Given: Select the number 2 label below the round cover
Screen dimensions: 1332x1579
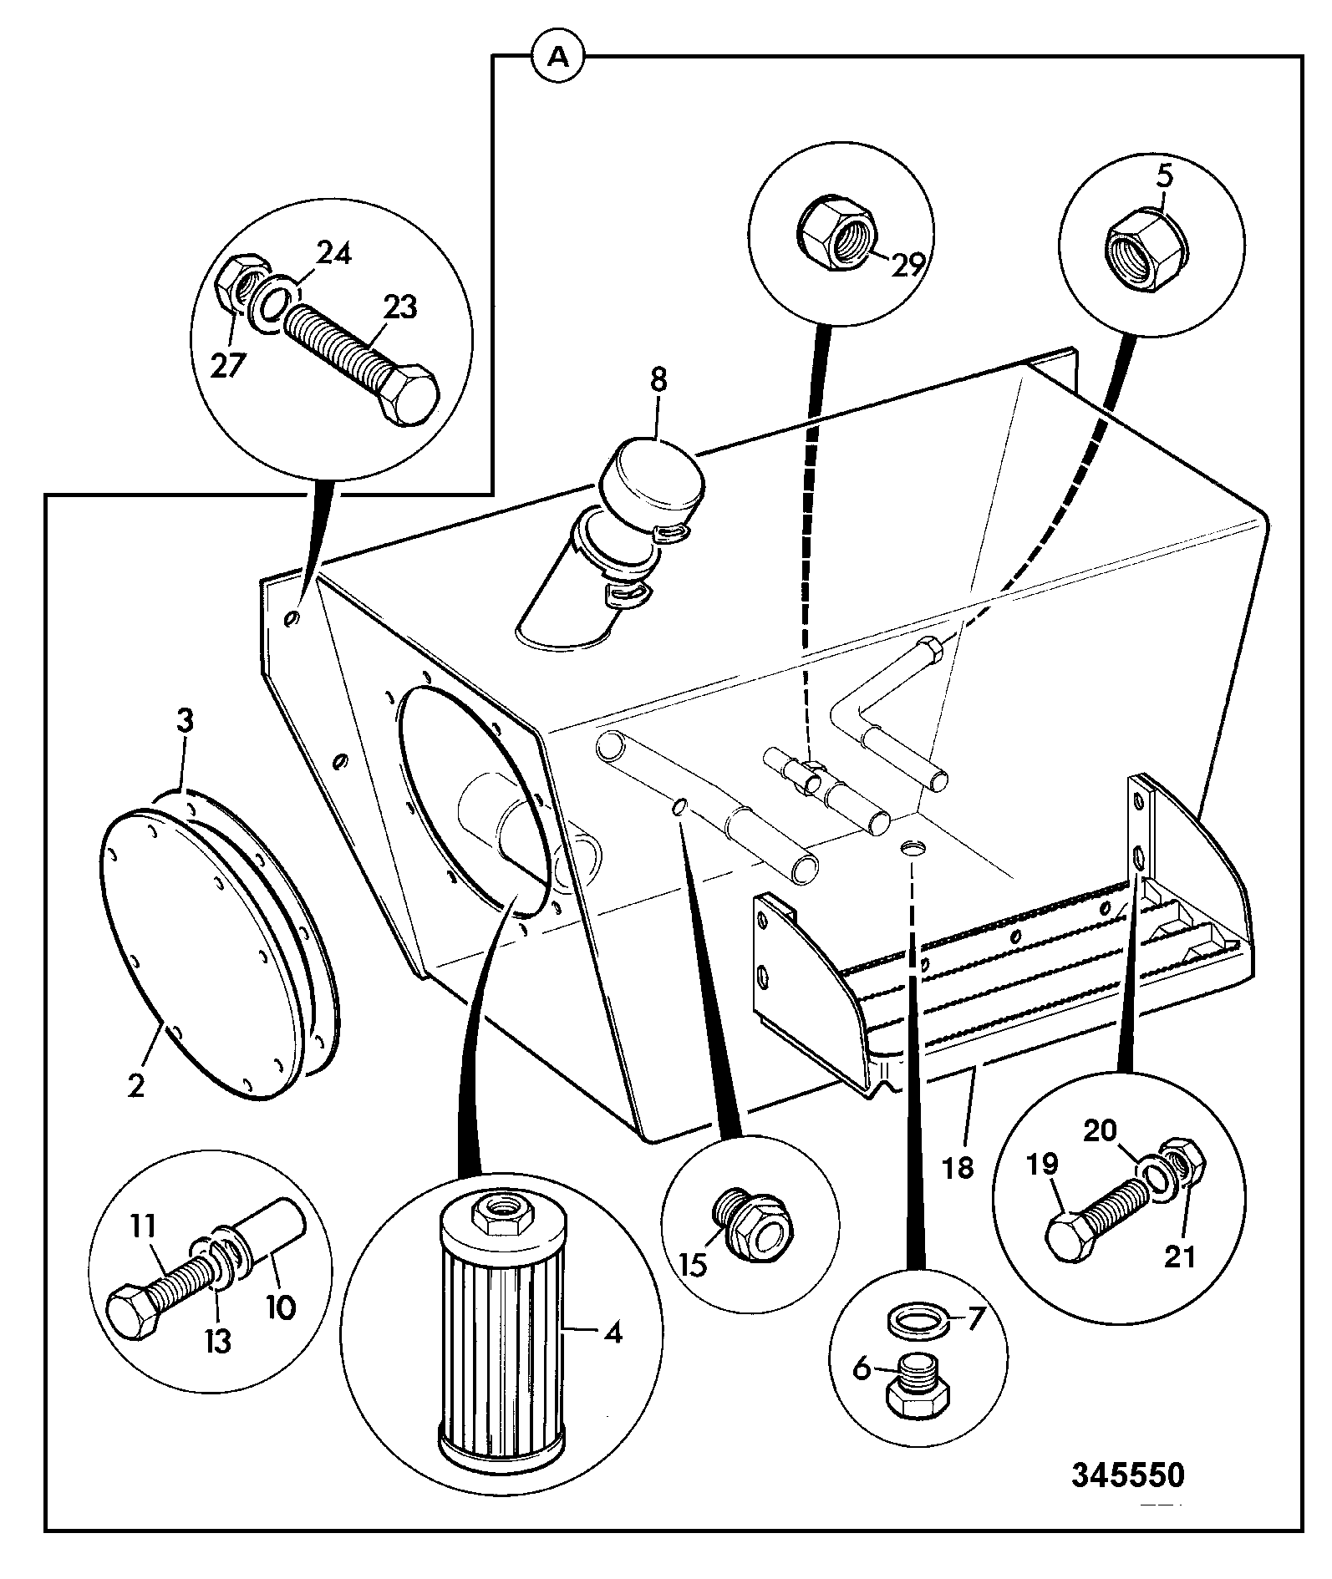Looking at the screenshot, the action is point(135,1086).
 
